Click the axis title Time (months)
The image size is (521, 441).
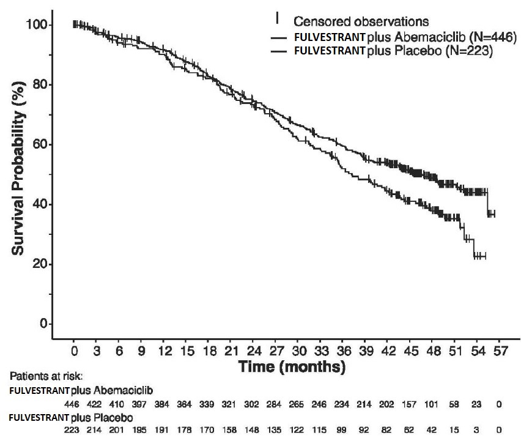(293, 368)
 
